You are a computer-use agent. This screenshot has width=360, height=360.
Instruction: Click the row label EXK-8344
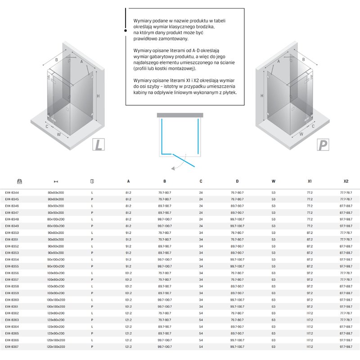(12, 193)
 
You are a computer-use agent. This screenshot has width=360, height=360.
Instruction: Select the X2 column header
(346, 182)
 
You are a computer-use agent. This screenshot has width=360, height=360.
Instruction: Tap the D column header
(237, 182)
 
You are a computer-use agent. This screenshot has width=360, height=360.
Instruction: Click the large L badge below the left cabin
(99, 145)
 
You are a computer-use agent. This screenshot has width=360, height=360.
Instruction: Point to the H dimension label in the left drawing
(98, 95)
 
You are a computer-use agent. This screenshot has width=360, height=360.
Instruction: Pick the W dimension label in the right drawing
(301, 134)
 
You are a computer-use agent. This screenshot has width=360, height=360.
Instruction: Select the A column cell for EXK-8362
(128, 313)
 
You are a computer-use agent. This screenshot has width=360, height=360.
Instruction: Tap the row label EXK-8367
(12, 347)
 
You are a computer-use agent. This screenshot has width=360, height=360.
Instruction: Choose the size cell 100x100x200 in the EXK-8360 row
(56, 300)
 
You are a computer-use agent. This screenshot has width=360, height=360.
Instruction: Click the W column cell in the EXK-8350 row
(274, 233)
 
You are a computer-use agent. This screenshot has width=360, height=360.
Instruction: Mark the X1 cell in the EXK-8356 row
(310, 273)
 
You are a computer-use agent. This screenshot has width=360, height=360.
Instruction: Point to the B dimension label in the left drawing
(57, 59)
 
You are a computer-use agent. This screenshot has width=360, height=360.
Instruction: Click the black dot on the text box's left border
(126, 30)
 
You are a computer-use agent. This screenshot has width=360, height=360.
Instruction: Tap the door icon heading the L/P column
(92, 181)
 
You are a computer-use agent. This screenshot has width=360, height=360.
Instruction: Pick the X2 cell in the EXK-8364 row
(346, 327)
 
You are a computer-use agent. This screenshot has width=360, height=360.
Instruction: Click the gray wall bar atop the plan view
(180, 115)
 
